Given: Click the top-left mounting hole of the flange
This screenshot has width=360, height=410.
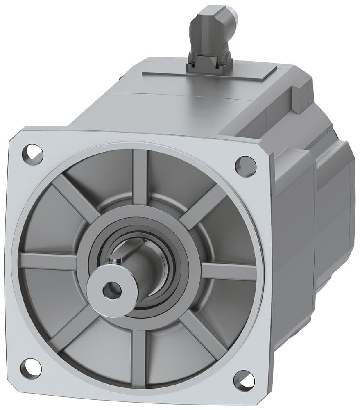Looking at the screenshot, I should [x=33, y=154].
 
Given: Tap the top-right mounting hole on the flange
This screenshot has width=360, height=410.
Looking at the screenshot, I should [x=246, y=166].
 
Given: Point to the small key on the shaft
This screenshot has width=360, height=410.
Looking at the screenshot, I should [x=117, y=259].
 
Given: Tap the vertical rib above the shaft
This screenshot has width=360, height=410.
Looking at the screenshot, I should [x=140, y=176].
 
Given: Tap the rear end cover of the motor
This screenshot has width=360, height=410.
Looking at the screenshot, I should [x=338, y=205].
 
